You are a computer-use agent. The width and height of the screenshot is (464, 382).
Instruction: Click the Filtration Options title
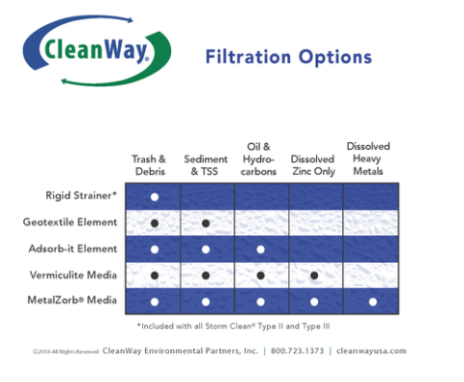click(x=288, y=56)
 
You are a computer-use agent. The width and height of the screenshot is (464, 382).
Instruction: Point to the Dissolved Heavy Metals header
click(x=368, y=159)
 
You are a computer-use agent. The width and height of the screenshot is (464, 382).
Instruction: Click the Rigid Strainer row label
click(x=82, y=196)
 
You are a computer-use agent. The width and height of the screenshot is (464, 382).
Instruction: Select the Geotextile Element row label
click(x=71, y=222)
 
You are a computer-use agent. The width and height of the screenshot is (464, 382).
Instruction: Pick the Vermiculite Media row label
click(x=74, y=275)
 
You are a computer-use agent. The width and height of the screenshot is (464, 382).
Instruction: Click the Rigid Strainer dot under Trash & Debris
click(x=154, y=197)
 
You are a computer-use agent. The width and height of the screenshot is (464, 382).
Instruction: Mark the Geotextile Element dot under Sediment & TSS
click(x=206, y=223)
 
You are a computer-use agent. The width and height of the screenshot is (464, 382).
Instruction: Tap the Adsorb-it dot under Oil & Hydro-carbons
click(x=260, y=250)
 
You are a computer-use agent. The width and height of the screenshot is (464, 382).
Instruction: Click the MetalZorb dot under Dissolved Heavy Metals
click(x=371, y=302)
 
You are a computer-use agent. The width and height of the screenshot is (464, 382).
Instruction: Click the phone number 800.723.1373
click(x=299, y=351)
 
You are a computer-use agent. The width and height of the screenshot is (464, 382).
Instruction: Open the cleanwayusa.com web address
click(x=372, y=351)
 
